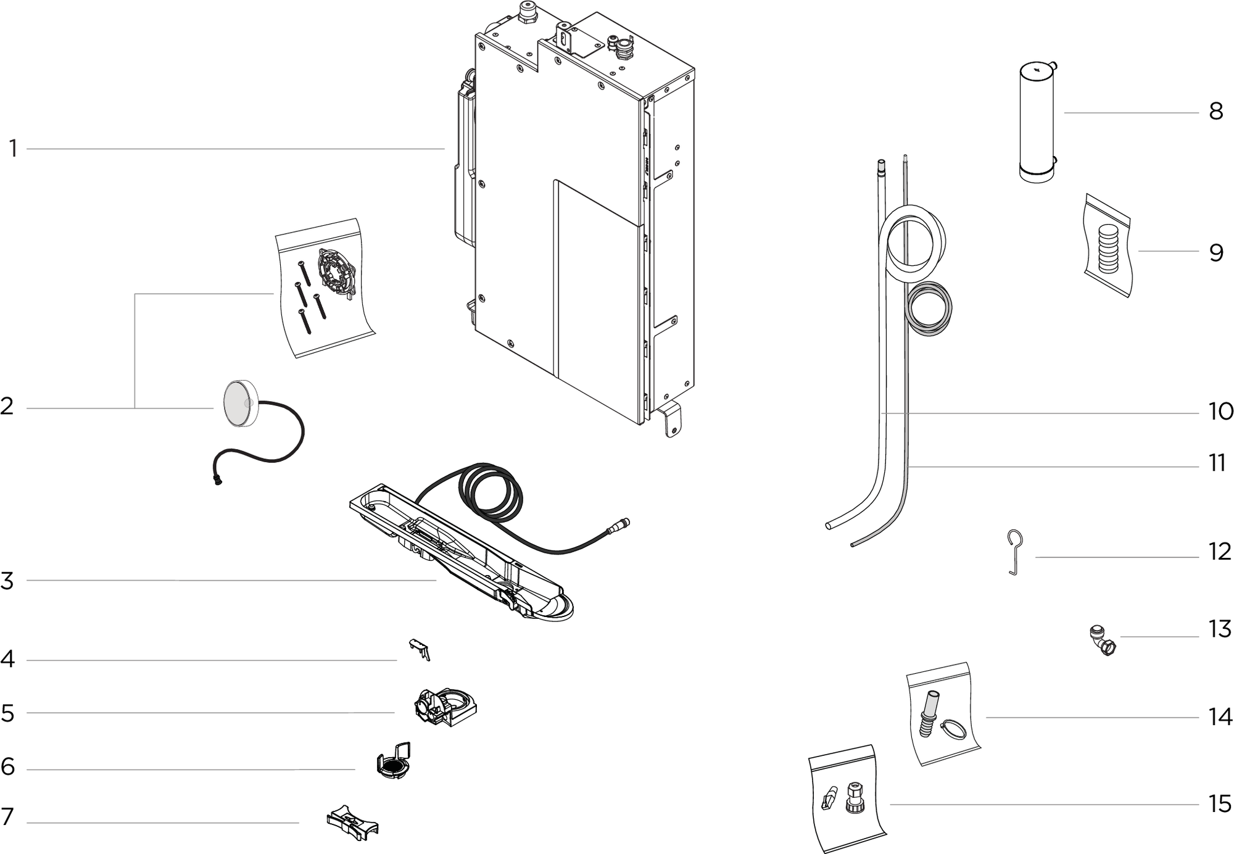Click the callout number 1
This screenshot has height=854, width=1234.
point(13,149)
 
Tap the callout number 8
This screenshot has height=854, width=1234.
point(1215,112)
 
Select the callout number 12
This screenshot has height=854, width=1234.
point(1220,552)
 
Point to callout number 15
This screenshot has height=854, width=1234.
point(1220,804)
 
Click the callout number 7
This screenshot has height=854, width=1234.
point(7,816)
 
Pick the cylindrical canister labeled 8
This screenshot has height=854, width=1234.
point(1036,121)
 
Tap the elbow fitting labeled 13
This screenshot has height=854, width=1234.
point(1102,642)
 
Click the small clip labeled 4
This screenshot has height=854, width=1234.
point(419,649)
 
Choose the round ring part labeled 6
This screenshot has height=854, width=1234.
point(393,762)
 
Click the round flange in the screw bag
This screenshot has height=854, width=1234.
point(334,274)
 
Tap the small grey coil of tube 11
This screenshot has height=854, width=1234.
point(929,310)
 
